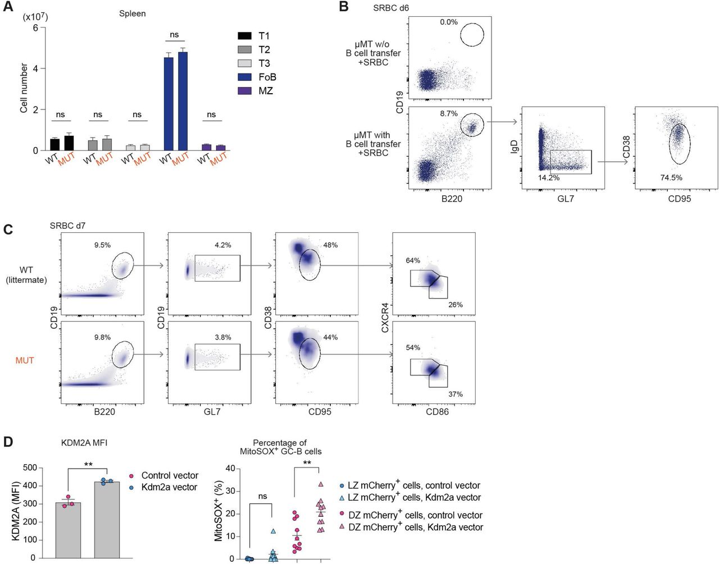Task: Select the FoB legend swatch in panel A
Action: [244, 77]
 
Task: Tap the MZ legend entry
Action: [265, 91]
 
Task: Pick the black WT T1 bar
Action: [54, 144]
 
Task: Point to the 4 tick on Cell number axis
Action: [35, 68]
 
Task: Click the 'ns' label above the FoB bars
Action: [174, 35]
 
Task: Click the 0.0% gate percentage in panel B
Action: [449, 22]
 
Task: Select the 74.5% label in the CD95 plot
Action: [671, 177]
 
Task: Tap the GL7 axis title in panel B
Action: [565, 198]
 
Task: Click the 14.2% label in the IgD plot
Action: [549, 177]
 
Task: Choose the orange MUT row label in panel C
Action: [25, 360]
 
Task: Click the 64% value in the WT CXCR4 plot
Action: [413, 260]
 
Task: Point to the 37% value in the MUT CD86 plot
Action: [456, 394]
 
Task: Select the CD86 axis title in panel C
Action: [437, 411]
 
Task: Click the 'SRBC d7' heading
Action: [67, 226]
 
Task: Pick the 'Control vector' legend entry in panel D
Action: [170, 475]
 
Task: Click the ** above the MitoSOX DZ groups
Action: [307, 463]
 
